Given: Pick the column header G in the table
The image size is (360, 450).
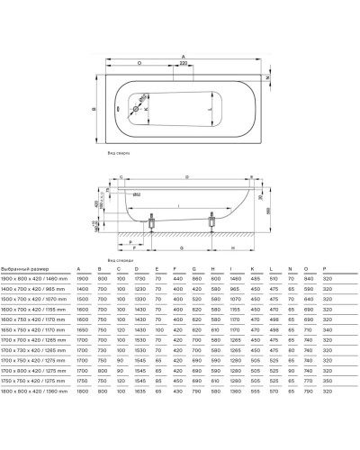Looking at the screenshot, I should point(193,269).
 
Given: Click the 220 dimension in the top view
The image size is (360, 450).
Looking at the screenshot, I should point(184,65).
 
